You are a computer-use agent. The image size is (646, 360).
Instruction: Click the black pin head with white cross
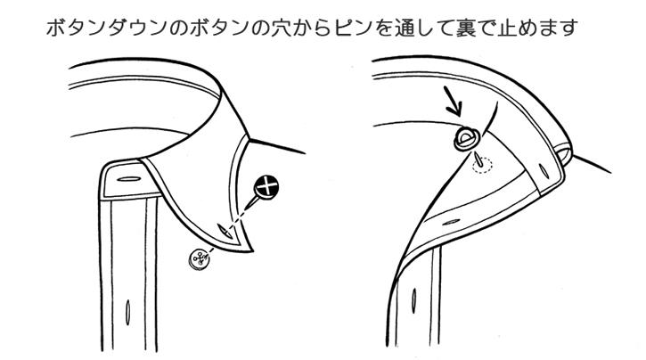[266, 187]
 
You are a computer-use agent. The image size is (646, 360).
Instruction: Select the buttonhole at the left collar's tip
[225, 231]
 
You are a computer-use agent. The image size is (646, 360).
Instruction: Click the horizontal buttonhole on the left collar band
[129, 179]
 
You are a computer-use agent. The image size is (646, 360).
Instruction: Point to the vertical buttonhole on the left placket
[127, 312]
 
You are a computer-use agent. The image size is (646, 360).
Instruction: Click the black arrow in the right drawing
[454, 102]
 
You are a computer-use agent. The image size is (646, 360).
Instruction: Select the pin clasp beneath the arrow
[466, 139]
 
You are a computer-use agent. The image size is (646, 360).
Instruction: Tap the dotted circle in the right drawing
[482, 165]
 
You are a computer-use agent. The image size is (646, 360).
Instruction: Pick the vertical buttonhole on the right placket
[413, 300]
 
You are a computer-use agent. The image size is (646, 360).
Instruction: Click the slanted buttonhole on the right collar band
[544, 170]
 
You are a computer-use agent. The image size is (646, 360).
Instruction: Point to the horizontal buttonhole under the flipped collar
[451, 222]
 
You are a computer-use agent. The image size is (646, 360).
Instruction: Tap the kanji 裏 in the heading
[466, 28]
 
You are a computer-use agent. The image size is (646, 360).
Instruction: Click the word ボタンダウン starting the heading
[107, 28]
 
